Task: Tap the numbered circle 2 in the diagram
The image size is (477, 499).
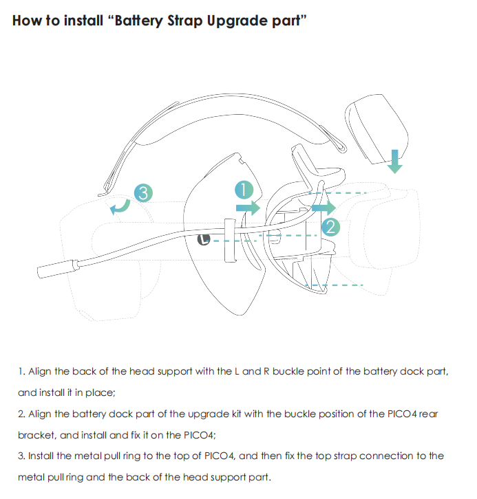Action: (331, 227)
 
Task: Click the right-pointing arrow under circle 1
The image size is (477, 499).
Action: (248, 207)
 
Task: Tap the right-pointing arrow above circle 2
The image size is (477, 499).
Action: (320, 206)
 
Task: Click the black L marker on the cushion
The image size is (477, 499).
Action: (204, 239)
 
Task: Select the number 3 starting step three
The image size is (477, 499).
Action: (21, 456)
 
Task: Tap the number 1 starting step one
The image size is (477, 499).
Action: (21, 372)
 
